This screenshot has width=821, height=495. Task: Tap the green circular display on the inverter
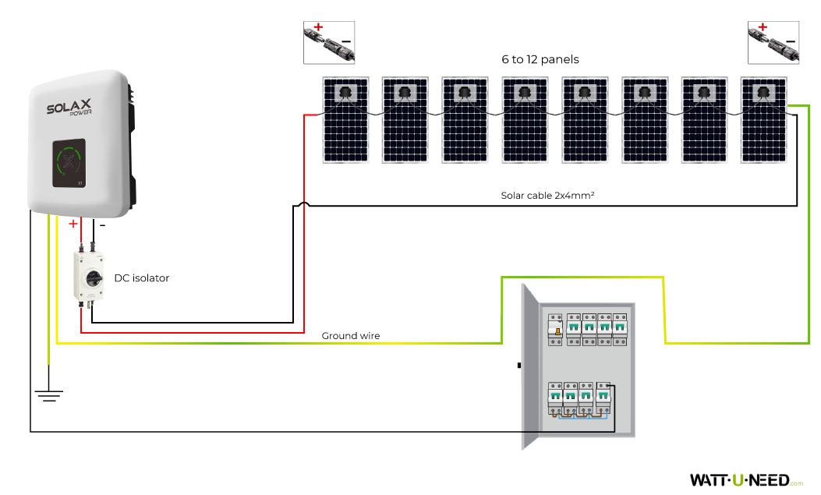(x=69, y=162)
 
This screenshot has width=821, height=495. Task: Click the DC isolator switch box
(x=89, y=277)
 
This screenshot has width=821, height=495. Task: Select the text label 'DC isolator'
(x=141, y=278)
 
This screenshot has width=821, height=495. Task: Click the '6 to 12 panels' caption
(x=540, y=59)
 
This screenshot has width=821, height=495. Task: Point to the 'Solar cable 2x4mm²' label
(x=547, y=196)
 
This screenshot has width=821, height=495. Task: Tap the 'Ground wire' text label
(x=351, y=336)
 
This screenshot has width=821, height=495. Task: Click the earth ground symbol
(x=49, y=394)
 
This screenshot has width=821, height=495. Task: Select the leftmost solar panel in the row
(x=346, y=120)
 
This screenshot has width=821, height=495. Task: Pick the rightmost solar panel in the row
(x=763, y=120)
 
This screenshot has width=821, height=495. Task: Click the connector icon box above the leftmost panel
(x=328, y=42)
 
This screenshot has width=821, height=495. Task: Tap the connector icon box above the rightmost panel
(x=773, y=42)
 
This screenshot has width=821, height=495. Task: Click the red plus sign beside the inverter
(x=73, y=225)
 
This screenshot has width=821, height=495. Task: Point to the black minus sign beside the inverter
(x=102, y=225)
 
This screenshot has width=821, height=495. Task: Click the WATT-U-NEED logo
(x=740, y=479)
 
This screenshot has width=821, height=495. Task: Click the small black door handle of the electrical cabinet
(x=518, y=365)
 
